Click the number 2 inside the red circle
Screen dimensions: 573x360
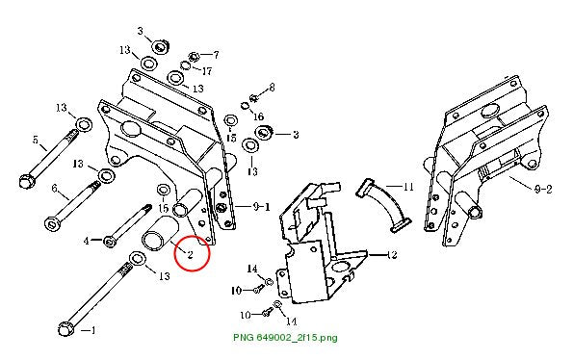coord(190,254)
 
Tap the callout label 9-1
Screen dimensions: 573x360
coord(261,207)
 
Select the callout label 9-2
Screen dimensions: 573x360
coord(543,189)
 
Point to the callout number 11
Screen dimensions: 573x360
coord(407,187)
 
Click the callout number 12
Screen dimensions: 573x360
coord(391,254)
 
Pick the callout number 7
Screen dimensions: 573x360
coord(216,55)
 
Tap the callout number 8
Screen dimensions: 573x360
coord(272,88)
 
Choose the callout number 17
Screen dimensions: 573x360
coord(207,71)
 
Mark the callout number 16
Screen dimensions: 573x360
coord(258,116)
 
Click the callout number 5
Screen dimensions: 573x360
coord(36,140)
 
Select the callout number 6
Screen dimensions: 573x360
coord(55,188)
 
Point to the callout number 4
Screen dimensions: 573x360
coord(87,241)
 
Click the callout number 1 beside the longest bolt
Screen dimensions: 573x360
coord(92,330)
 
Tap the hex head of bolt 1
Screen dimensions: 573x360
coord(66,329)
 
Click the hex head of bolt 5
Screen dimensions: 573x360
coord(26,181)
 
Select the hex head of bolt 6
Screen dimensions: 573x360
coord(52,222)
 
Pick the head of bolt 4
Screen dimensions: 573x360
coord(109,242)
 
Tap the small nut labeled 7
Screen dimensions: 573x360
coord(194,56)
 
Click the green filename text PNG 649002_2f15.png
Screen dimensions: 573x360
coord(285,337)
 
